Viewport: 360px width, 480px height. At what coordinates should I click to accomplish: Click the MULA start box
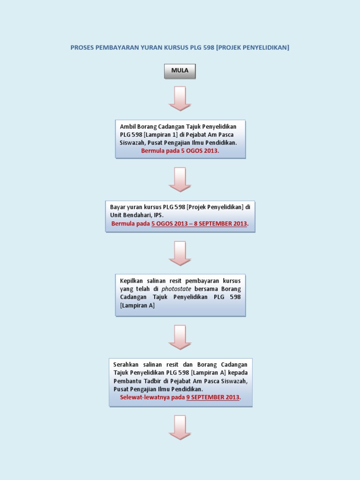coord(180,71)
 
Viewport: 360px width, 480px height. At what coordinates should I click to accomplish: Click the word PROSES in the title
coord(82,48)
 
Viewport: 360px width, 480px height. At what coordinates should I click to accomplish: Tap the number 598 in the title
coord(207,48)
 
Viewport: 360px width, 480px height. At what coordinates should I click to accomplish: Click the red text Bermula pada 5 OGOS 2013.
coord(180,151)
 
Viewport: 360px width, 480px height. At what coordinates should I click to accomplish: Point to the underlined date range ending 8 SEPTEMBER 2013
coord(199,224)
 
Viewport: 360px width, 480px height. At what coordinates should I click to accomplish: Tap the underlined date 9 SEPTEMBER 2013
coord(213,397)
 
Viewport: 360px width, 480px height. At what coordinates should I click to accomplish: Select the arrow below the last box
coord(180,427)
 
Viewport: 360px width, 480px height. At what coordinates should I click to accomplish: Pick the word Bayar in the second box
coord(118,207)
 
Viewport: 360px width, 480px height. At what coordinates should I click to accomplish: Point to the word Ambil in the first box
coord(127,127)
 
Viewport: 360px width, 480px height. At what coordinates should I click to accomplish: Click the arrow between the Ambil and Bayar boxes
coord(180,180)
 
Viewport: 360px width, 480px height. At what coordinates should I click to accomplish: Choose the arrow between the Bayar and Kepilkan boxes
coord(180,253)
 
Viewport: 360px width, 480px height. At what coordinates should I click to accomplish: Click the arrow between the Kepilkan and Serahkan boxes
coord(180,337)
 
